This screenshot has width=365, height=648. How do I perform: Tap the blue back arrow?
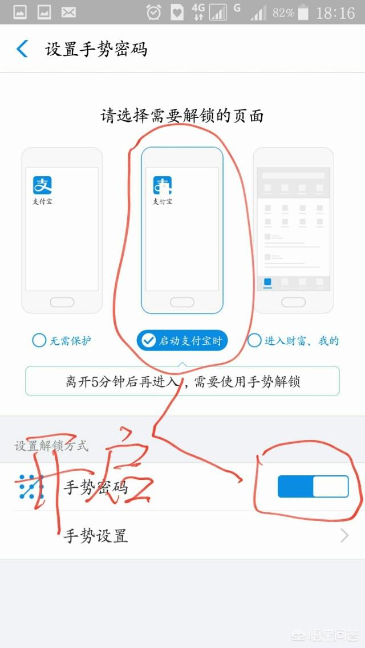[22, 49]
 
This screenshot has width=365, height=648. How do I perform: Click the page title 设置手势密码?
[96, 49]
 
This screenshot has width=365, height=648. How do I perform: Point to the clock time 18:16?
[336, 13]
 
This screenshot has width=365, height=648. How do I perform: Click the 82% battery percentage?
[283, 13]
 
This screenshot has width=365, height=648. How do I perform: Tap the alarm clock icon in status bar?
[153, 12]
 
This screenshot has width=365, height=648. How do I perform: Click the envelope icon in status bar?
[69, 12]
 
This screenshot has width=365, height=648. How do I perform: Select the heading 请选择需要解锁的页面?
[182, 116]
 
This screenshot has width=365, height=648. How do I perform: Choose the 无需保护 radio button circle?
[39, 341]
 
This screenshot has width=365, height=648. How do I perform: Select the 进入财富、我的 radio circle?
[254, 341]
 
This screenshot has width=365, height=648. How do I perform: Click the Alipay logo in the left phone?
[42, 185]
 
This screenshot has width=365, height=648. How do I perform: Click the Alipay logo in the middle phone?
[162, 185]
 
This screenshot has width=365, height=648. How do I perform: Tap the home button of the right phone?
[293, 302]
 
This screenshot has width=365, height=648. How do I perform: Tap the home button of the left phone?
[62, 302]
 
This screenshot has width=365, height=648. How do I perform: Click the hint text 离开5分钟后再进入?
[122, 381]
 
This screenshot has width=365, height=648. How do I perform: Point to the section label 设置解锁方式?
[51, 446]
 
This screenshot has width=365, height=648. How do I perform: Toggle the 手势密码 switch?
[313, 487]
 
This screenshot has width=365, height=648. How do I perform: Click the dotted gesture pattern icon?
[31, 487]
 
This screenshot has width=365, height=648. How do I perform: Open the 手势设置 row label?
[95, 536]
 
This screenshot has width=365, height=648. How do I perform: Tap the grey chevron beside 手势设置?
[344, 535]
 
